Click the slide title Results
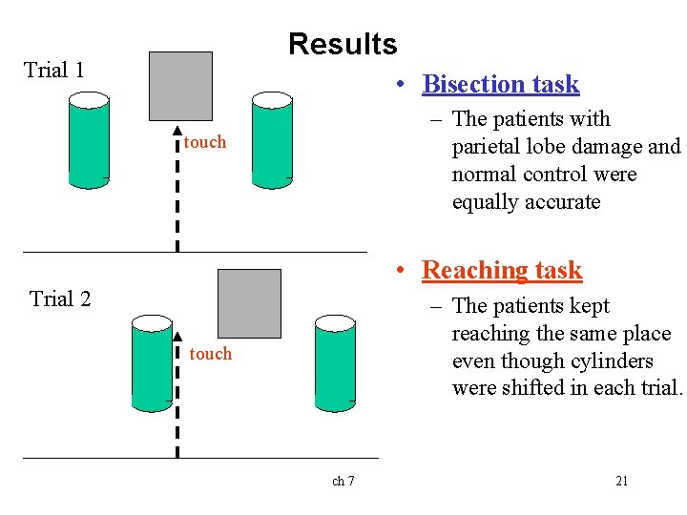tap(342, 44)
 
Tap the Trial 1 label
tap(54, 70)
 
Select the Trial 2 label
tap(60, 299)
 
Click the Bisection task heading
tap(500, 84)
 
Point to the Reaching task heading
tap(501, 270)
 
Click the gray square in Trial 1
tap(181, 86)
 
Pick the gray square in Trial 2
tap(249, 303)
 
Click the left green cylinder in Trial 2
tap(152, 363)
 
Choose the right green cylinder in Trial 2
tap(334, 363)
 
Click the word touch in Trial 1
tap(205, 142)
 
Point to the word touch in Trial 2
tap(211, 354)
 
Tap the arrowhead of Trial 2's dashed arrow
tap(177, 336)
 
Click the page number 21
tap(621, 481)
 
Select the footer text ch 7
tap(343, 481)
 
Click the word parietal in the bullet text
tap(486, 147)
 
